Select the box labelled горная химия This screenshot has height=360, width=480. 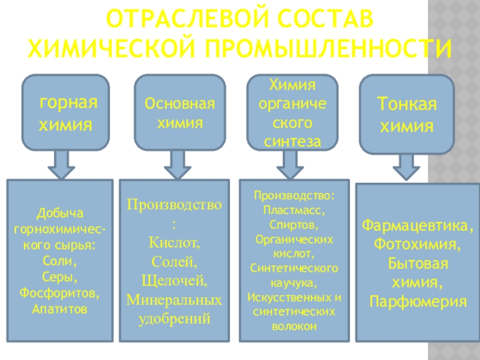tap(67, 113)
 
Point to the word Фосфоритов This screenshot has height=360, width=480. tap(61, 295)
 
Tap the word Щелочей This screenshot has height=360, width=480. tap(175, 281)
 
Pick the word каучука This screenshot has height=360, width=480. tap(293, 283)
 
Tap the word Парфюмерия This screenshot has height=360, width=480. tap(418, 301)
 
